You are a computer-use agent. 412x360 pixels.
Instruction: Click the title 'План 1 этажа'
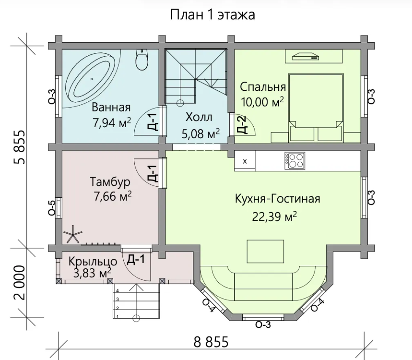click(x=212, y=15)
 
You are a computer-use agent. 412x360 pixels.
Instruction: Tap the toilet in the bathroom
click(x=142, y=60)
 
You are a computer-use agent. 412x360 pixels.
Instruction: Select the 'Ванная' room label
click(x=111, y=108)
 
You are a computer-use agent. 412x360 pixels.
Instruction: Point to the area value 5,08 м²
click(x=201, y=134)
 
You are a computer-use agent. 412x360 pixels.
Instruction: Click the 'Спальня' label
click(x=263, y=87)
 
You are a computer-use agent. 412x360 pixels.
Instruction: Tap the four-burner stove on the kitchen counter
click(x=295, y=161)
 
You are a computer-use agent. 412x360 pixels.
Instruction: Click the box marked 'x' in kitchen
click(x=245, y=161)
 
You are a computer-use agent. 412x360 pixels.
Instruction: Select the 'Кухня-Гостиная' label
click(x=277, y=199)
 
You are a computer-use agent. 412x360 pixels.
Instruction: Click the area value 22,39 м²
click(x=274, y=216)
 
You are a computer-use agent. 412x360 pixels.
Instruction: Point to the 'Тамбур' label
click(x=110, y=182)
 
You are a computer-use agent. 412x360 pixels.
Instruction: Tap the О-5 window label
click(x=52, y=208)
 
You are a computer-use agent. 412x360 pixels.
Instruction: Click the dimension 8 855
click(x=211, y=342)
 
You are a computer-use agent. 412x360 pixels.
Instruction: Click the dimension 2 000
click(x=20, y=282)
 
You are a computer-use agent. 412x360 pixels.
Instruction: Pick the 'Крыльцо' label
click(x=93, y=262)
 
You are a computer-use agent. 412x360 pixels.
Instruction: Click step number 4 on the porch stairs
click(x=118, y=291)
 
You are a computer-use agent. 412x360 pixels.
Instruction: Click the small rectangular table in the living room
click(x=265, y=251)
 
